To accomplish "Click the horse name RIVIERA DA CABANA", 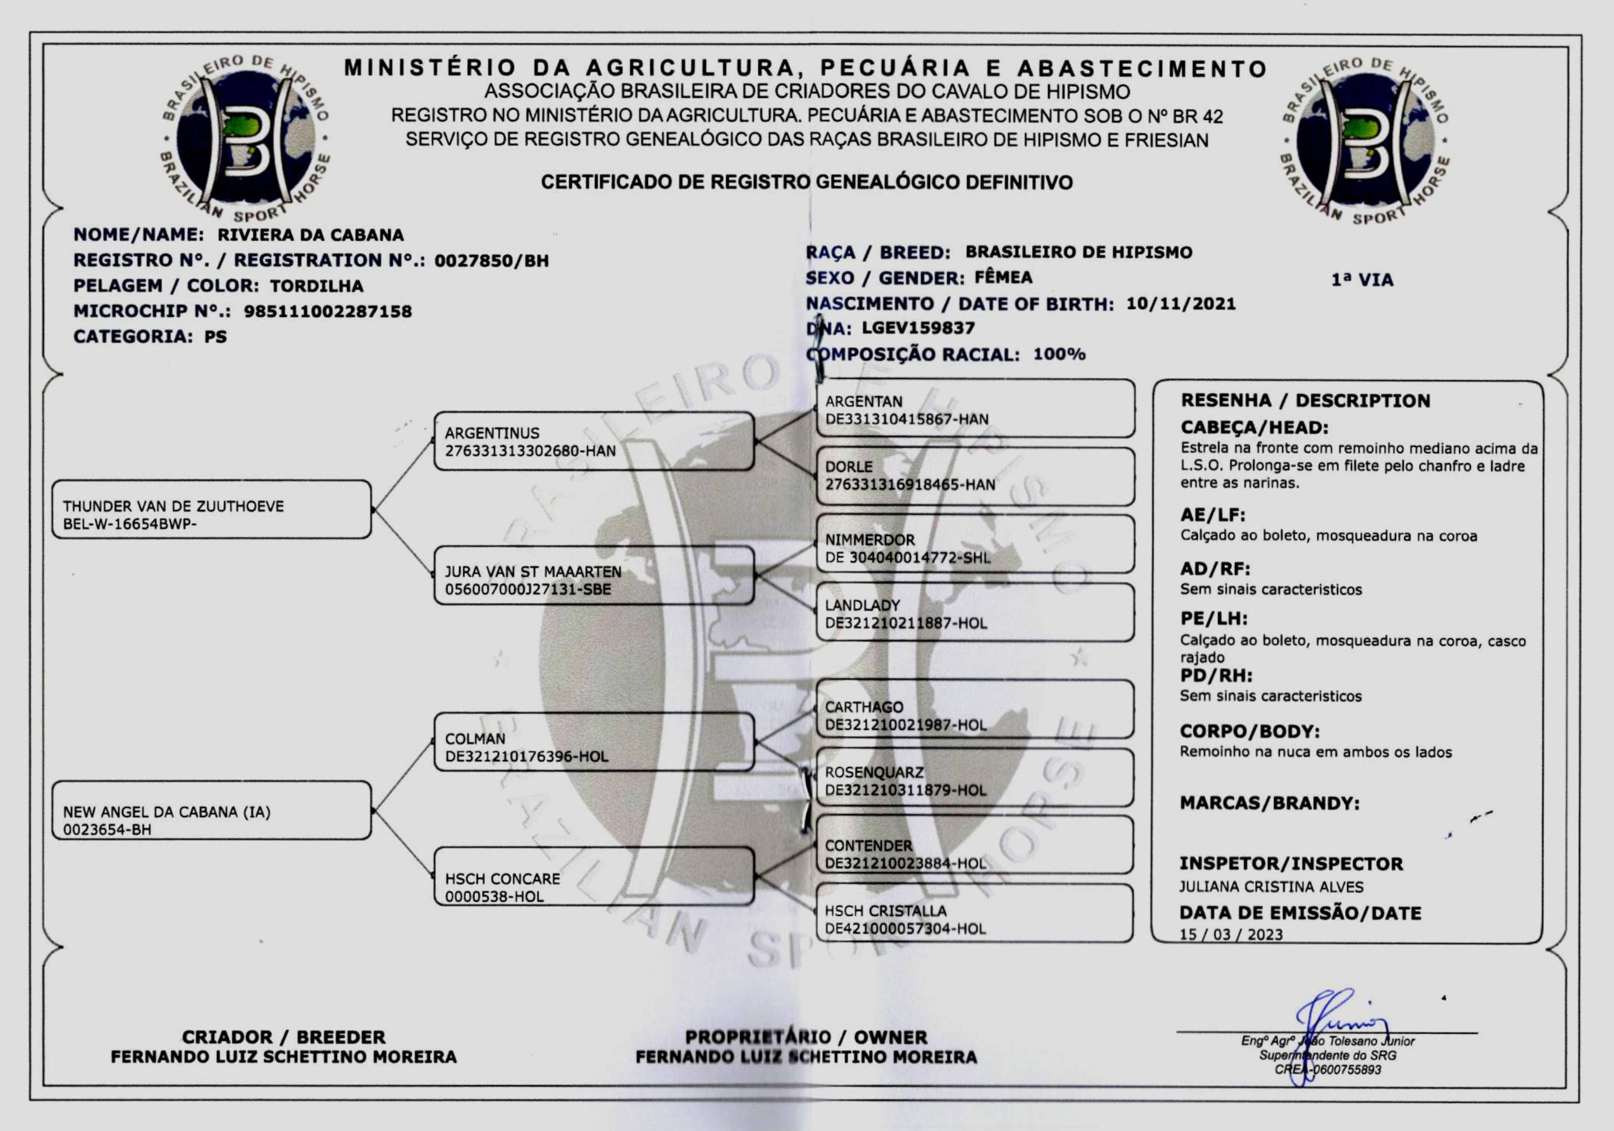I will click(x=310, y=235).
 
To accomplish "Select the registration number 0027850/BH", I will click(x=491, y=261).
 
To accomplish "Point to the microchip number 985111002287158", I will click(x=328, y=312).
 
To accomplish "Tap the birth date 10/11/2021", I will click(x=1181, y=304).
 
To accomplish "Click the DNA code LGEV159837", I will click(x=918, y=329).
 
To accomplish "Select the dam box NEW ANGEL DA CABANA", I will click(x=211, y=810).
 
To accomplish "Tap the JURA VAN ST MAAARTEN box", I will click(x=594, y=576).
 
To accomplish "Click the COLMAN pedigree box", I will click(x=594, y=742).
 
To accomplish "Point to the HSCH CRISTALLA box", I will click(x=974, y=914).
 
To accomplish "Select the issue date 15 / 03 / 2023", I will click(x=1231, y=935).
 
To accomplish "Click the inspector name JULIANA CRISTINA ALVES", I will click(x=1271, y=887).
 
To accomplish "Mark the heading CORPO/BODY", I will click(x=1249, y=731).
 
